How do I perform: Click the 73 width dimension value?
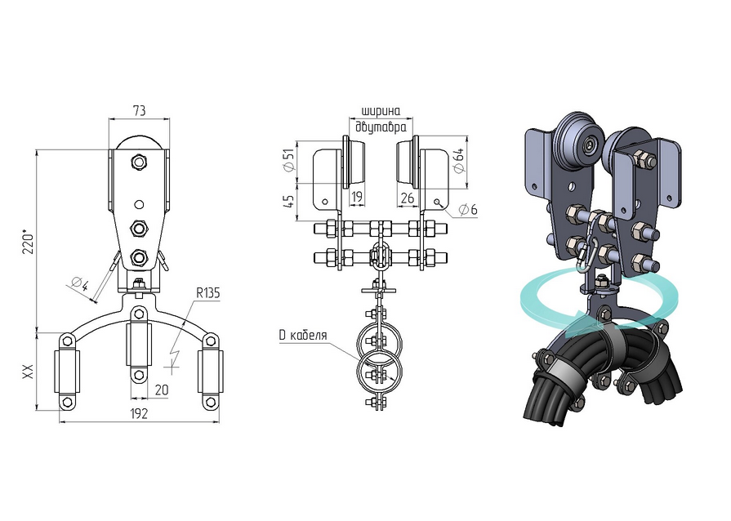[140, 110]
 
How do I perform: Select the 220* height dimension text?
[28, 241]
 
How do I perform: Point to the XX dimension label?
[29, 371]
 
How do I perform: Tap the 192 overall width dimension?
[139, 413]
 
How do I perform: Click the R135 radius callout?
[207, 293]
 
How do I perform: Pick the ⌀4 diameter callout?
[79, 283]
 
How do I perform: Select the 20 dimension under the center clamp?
[161, 390]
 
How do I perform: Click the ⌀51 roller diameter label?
[289, 161]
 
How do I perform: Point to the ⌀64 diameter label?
[458, 161]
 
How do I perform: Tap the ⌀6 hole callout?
[468, 210]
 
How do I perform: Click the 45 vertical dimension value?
[289, 201]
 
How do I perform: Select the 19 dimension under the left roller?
[357, 197]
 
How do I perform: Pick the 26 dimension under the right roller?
[407, 198]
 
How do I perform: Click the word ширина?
[381, 111]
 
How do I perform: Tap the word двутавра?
[381, 127]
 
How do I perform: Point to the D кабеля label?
[303, 335]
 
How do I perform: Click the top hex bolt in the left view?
[139, 162]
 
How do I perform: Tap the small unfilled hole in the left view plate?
[139, 204]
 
